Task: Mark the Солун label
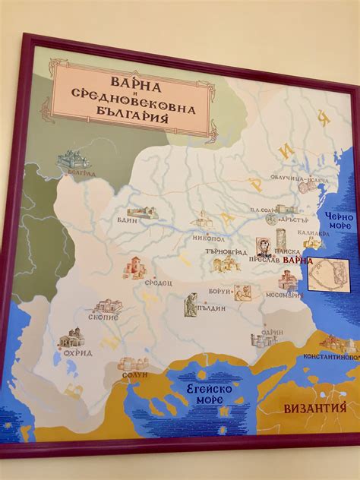tap(135, 374)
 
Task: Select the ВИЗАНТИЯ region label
tap(310, 408)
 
